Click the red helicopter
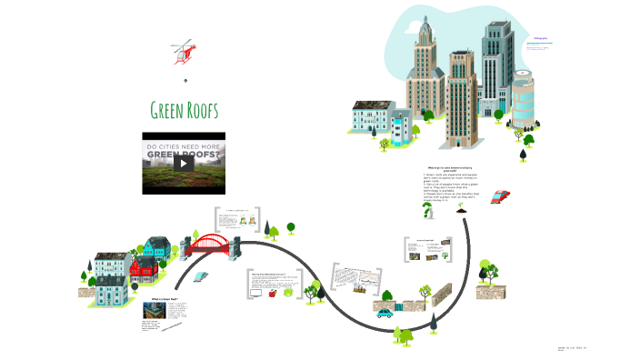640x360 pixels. [185, 53]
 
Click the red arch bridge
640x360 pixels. [210, 244]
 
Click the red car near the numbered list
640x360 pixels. [500, 195]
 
